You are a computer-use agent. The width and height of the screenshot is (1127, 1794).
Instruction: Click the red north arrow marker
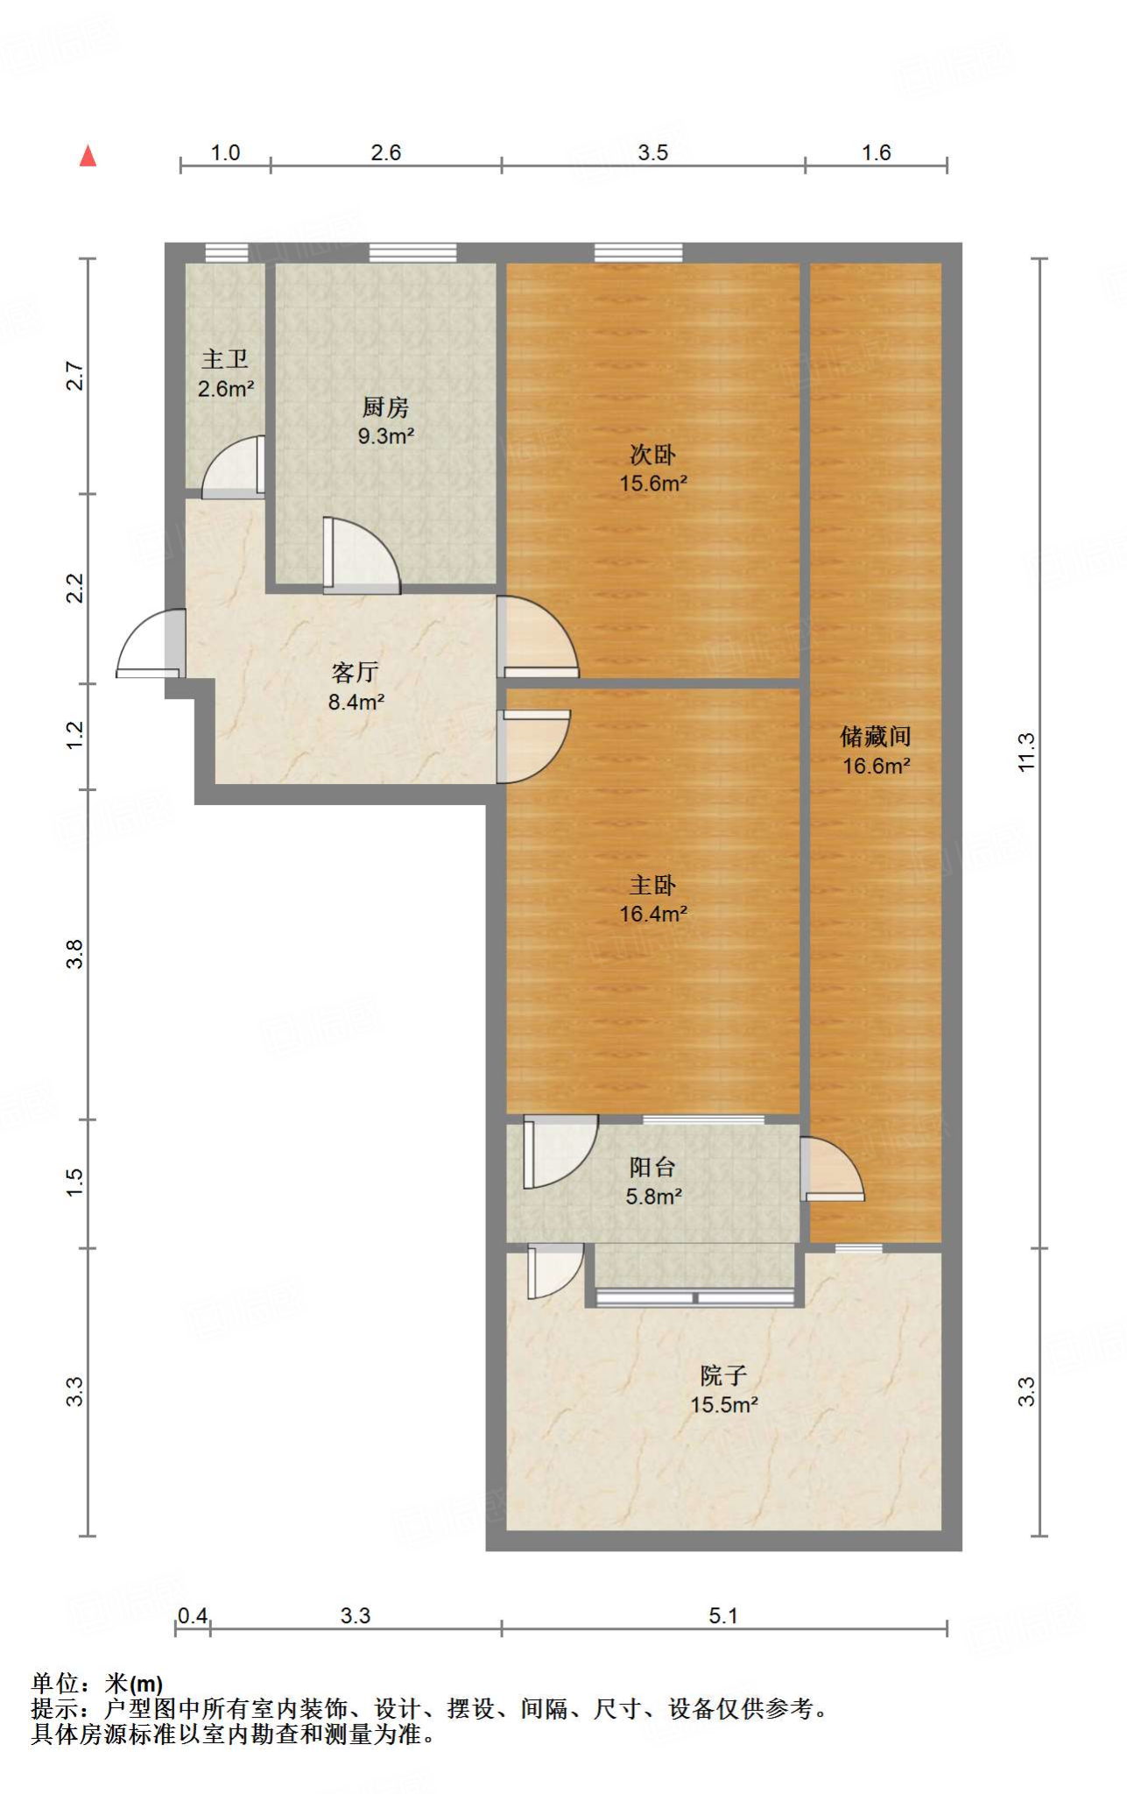click(88, 157)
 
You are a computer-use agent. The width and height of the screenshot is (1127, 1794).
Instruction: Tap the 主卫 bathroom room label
click(225, 359)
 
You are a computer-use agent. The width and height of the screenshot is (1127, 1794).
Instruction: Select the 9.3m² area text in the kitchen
click(385, 435)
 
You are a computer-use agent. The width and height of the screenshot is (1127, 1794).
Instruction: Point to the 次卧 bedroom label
click(652, 455)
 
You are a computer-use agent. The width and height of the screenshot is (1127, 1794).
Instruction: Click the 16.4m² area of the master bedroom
click(652, 914)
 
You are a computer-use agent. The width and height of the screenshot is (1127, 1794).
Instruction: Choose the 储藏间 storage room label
click(876, 736)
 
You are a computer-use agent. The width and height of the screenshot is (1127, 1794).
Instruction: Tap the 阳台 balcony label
click(652, 1167)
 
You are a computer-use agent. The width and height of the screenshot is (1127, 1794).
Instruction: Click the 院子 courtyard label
click(723, 1374)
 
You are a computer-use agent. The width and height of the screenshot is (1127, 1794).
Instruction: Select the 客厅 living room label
click(355, 672)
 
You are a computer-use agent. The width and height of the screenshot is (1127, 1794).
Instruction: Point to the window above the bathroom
click(227, 252)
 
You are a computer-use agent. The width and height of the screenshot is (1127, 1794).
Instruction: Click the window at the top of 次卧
click(637, 252)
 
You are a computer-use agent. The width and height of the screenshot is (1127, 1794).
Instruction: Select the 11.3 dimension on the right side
click(1026, 752)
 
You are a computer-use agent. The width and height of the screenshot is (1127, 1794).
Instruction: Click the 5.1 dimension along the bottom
click(723, 1615)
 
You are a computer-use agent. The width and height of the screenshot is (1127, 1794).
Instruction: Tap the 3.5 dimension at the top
click(652, 152)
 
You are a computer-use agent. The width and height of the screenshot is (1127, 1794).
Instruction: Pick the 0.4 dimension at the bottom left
click(193, 1614)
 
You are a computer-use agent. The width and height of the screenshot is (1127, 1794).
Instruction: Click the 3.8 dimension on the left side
click(75, 953)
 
